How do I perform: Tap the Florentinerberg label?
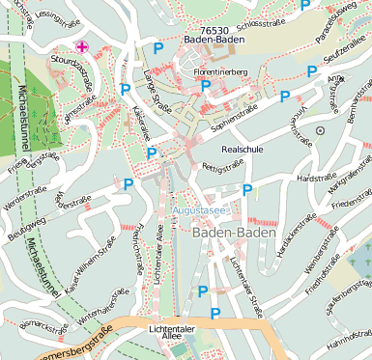coord(220,71)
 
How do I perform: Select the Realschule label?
coord(242,151)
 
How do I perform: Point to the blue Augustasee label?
coord(199,208)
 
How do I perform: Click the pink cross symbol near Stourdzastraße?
coord(82,46)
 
